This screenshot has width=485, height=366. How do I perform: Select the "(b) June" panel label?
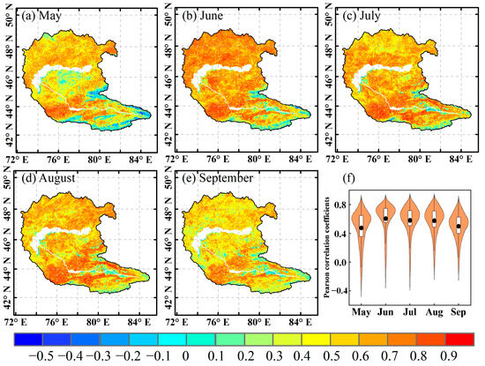(x=205, y=16)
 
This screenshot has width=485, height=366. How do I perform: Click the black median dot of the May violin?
(x=362, y=228)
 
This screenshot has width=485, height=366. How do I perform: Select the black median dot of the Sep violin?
(x=459, y=227)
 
